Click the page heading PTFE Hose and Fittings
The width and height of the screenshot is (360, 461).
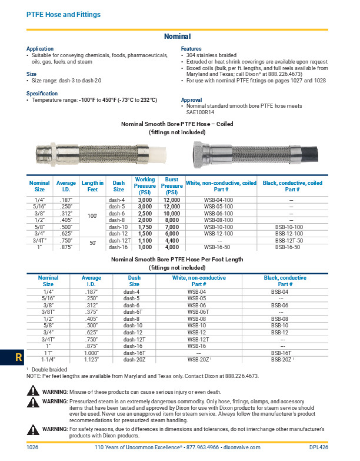(63, 14)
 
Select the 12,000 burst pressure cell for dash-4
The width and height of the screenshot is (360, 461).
(172, 200)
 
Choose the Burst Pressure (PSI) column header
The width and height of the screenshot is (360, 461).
(172, 185)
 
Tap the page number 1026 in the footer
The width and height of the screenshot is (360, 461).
(33, 447)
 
